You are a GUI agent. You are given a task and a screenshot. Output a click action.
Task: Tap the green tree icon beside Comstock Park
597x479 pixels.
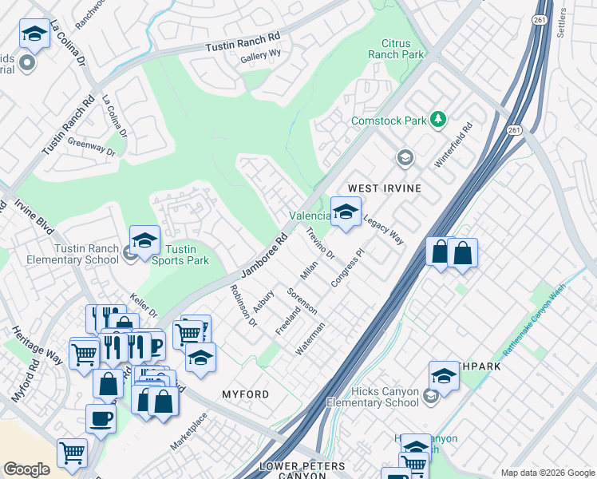[x=437, y=120]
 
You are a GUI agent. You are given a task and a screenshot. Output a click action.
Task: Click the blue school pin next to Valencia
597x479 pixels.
[x=346, y=212]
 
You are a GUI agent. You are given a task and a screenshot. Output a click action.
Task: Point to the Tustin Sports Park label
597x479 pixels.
[x=180, y=255]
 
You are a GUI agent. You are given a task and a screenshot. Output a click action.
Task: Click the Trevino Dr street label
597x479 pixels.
[x=320, y=243]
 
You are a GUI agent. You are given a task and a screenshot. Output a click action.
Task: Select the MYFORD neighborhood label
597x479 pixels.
[x=245, y=394]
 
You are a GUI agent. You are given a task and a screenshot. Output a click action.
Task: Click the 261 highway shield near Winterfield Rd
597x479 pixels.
[x=515, y=129]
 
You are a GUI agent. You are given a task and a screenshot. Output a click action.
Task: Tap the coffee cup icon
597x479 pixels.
[x=101, y=418]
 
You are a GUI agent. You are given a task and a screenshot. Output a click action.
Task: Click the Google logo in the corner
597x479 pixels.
[x=26, y=469]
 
